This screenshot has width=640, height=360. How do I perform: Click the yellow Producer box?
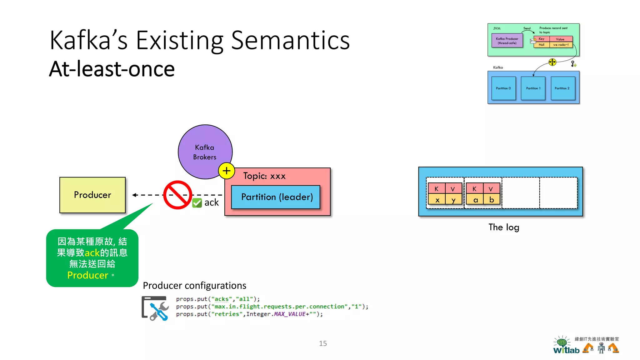(92, 195)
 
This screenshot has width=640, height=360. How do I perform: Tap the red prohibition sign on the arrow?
(177, 195)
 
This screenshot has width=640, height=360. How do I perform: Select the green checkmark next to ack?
(197, 203)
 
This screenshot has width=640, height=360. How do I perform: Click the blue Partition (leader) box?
(276, 197)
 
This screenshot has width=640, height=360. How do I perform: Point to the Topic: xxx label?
(264, 176)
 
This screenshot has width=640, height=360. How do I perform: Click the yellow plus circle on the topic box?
(227, 171)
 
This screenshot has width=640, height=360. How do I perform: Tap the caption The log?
(504, 227)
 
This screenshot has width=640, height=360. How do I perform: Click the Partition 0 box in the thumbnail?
(503, 88)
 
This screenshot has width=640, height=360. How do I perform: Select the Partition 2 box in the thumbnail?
(562, 88)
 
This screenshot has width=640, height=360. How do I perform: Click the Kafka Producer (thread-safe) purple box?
(507, 41)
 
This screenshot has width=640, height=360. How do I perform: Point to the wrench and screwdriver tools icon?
(156, 309)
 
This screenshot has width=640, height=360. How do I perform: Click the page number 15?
(323, 343)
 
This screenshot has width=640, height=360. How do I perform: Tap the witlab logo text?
(566, 350)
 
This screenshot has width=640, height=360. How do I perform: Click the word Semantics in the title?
(290, 41)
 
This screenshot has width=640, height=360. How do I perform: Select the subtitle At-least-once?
(112, 69)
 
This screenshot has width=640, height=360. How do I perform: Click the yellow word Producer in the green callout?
(88, 275)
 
